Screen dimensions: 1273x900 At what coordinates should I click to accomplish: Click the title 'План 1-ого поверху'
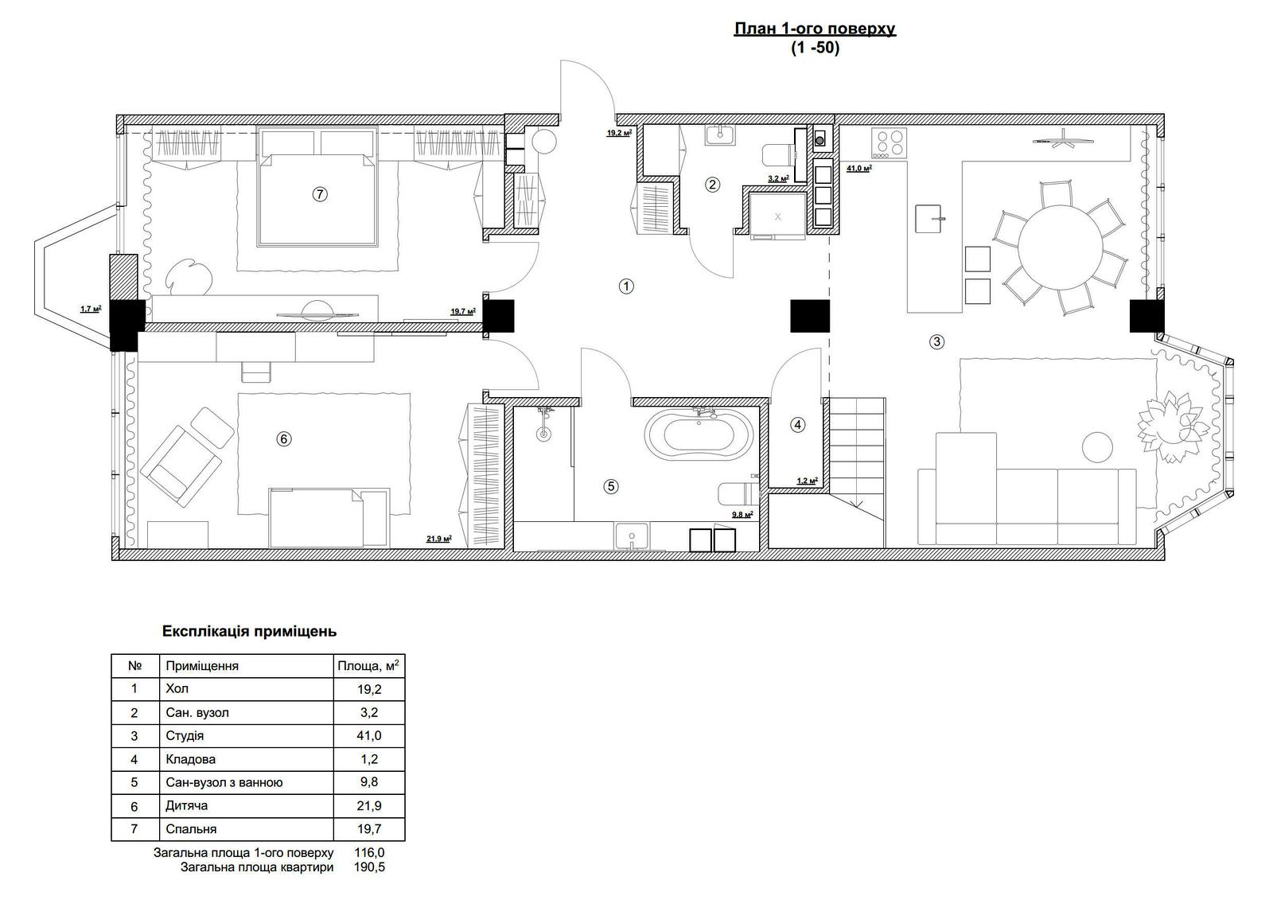click(x=815, y=29)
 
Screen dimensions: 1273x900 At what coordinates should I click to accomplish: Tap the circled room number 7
click(x=320, y=194)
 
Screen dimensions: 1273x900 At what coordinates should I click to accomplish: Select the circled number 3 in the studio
click(x=936, y=341)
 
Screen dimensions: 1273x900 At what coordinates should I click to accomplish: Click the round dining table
click(x=1061, y=247)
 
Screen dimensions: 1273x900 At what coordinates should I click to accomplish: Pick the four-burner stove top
click(x=889, y=142)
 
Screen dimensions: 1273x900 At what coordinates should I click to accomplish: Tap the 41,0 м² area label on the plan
click(x=859, y=168)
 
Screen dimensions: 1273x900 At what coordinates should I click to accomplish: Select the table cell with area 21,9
click(x=369, y=805)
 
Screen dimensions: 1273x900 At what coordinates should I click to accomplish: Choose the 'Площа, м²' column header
click(x=368, y=665)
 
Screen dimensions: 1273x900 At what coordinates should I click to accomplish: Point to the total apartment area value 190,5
click(x=369, y=867)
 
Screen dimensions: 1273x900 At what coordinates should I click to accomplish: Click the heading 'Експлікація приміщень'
click(x=250, y=631)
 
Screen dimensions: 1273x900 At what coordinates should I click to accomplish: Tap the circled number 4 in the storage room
click(x=797, y=425)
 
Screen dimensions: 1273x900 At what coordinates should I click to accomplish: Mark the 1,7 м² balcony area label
click(x=91, y=310)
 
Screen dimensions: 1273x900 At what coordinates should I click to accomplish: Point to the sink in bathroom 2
click(x=720, y=135)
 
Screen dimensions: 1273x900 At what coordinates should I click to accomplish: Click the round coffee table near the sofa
click(x=1097, y=447)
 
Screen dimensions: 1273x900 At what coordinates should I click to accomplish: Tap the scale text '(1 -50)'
click(x=815, y=48)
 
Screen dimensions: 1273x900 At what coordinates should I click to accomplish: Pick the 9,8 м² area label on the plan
click(x=742, y=515)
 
